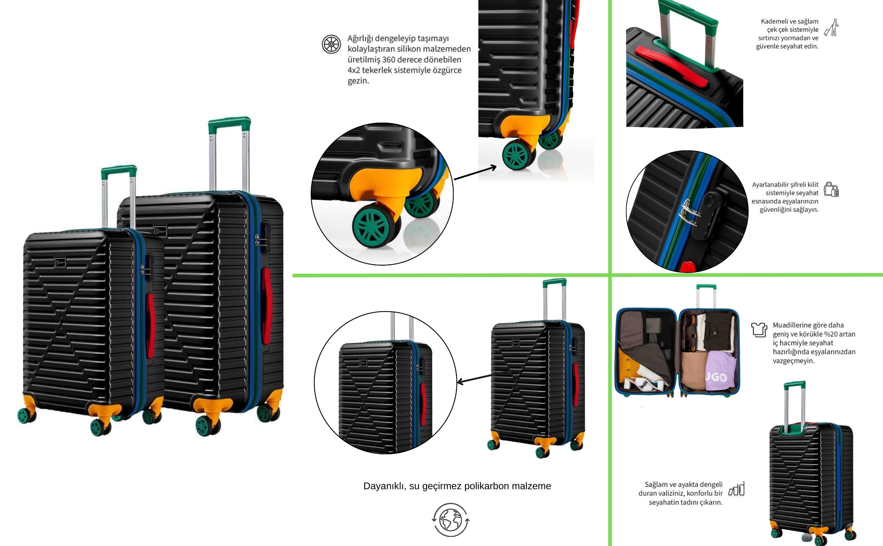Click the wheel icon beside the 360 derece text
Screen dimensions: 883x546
(331, 44)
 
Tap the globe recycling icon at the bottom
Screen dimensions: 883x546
(451, 520)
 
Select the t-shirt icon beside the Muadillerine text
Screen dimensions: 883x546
(759, 329)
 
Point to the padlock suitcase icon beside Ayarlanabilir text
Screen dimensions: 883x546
(831, 189)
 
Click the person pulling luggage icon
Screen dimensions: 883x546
(832, 28)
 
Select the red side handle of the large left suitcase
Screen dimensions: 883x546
(267, 306)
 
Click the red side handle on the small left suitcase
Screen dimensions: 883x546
(150, 326)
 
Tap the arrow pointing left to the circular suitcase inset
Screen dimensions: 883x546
(474, 379)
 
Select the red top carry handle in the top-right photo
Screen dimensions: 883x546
(672, 66)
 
